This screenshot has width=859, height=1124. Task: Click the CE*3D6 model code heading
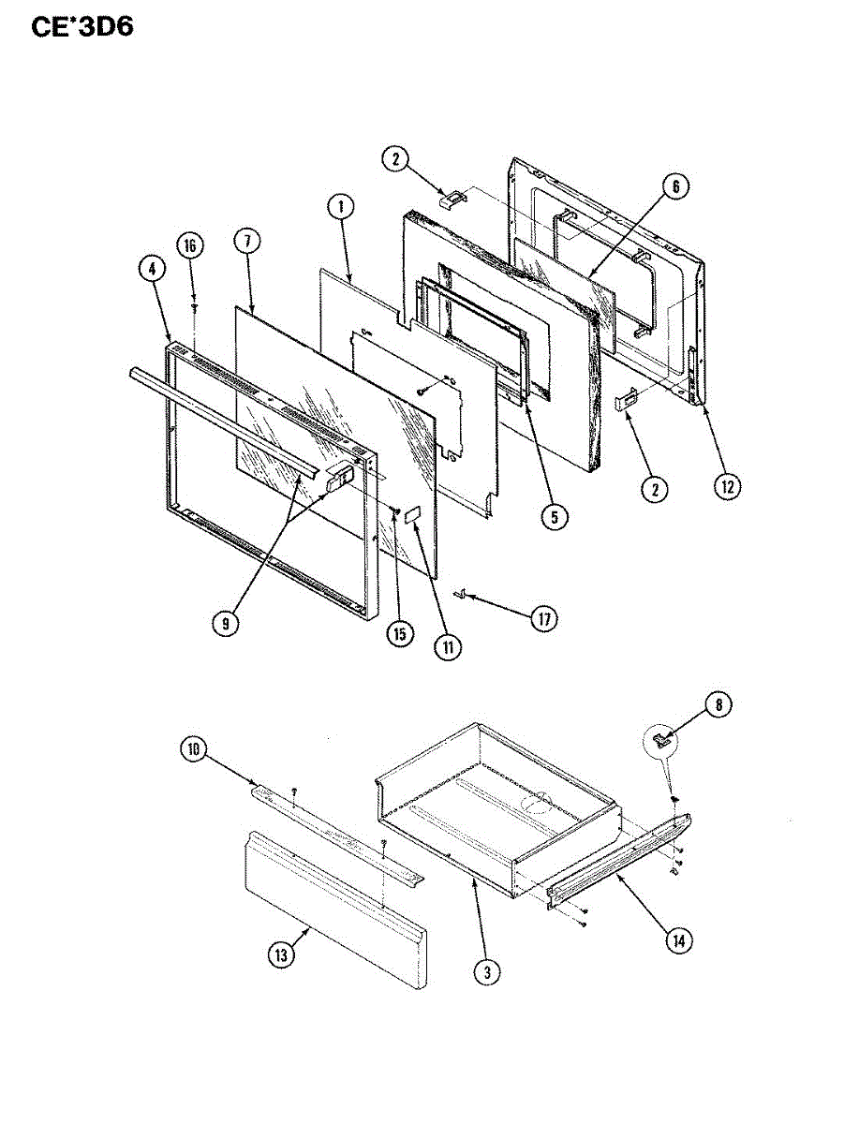(82, 26)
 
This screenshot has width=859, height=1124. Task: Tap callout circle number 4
(152, 268)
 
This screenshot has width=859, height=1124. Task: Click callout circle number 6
(674, 185)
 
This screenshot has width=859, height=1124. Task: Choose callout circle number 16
(190, 245)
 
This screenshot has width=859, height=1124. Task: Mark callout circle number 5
(557, 516)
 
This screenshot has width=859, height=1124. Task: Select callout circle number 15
(399, 634)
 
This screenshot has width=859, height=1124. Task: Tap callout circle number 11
(447, 645)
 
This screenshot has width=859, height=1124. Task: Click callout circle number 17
(543, 618)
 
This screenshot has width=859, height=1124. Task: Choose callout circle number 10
(193, 748)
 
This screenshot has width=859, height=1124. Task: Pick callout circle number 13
(280, 954)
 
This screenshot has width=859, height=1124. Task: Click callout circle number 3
(484, 972)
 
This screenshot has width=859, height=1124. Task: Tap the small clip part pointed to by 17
(461, 593)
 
